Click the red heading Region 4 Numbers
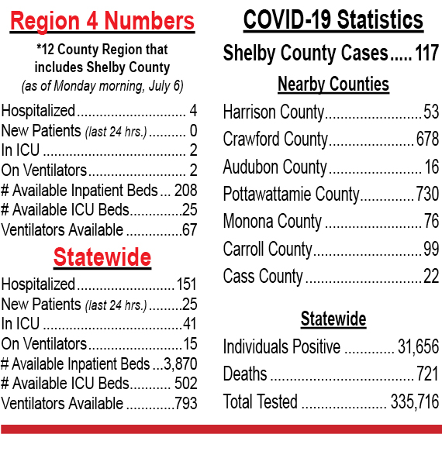pyautogui.click(x=102, y=21)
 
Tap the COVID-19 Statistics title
pyautogui.click(x=333, y=19)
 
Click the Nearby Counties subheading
pyautogui.click(x=333, y=84)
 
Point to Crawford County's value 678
pyautogui.click(x=427, y=139)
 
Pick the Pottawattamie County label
pyautogui.click(x=291, y=195)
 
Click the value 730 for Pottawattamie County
pyautogui.click(x=427, y=194)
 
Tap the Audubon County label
pyautogui.click(x=275, y=167)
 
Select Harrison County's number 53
pyautogui.click(x=431, y=112)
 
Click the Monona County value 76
pyautogui.click(x=431, y=221)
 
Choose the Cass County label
pyautogui.click(x=263, y=277)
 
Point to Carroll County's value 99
pyautogui.click(x=431, y=249)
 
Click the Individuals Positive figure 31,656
pyautogui.click(x=418, y=346)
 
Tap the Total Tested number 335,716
pyautogui.click(x=414, y=401)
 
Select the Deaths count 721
pyautogui.click(x=427, y=374)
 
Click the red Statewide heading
pyautogui.click(x=102, y=257)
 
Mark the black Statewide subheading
pyautogui.click(x=333, y=319)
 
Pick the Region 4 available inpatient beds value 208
pyautogui.click(x=185, y=190)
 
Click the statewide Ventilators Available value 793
pyautogui.click(x=185, y=403)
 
